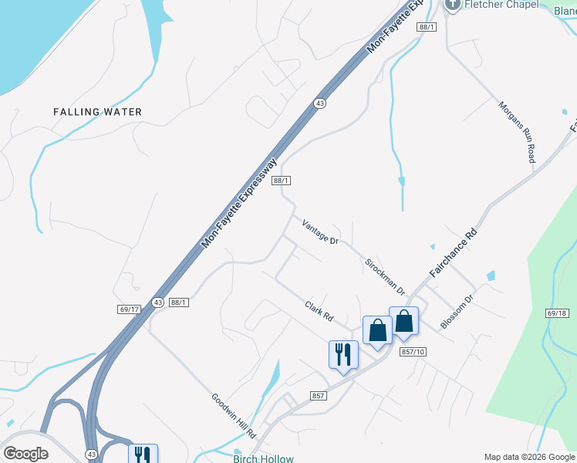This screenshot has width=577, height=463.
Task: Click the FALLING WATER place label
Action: coord(97,112)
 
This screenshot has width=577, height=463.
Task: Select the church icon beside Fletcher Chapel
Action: coord(452,5)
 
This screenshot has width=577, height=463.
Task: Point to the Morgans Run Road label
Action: coord(516,131)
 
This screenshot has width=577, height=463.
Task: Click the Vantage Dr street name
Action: coord(320,231)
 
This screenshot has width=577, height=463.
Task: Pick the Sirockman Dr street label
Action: coord(385,276)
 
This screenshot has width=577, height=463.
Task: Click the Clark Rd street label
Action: coord(318,311)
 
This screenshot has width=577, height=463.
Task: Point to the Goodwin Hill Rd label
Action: coord(232,417)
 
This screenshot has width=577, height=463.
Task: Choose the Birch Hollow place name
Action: coord(263,458)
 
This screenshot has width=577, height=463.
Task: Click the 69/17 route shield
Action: coord(129,309)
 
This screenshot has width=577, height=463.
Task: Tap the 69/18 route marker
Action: coord(556,314)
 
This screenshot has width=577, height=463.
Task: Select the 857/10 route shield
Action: coord(413,352)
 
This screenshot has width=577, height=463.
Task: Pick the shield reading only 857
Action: coord(319,396)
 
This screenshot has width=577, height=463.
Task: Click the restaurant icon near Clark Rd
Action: coord(343,355)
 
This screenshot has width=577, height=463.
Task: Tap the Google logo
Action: coord(25,454)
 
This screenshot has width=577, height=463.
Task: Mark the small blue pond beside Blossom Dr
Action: coord(491,275)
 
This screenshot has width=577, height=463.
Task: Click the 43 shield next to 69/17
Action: coord(157,302)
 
